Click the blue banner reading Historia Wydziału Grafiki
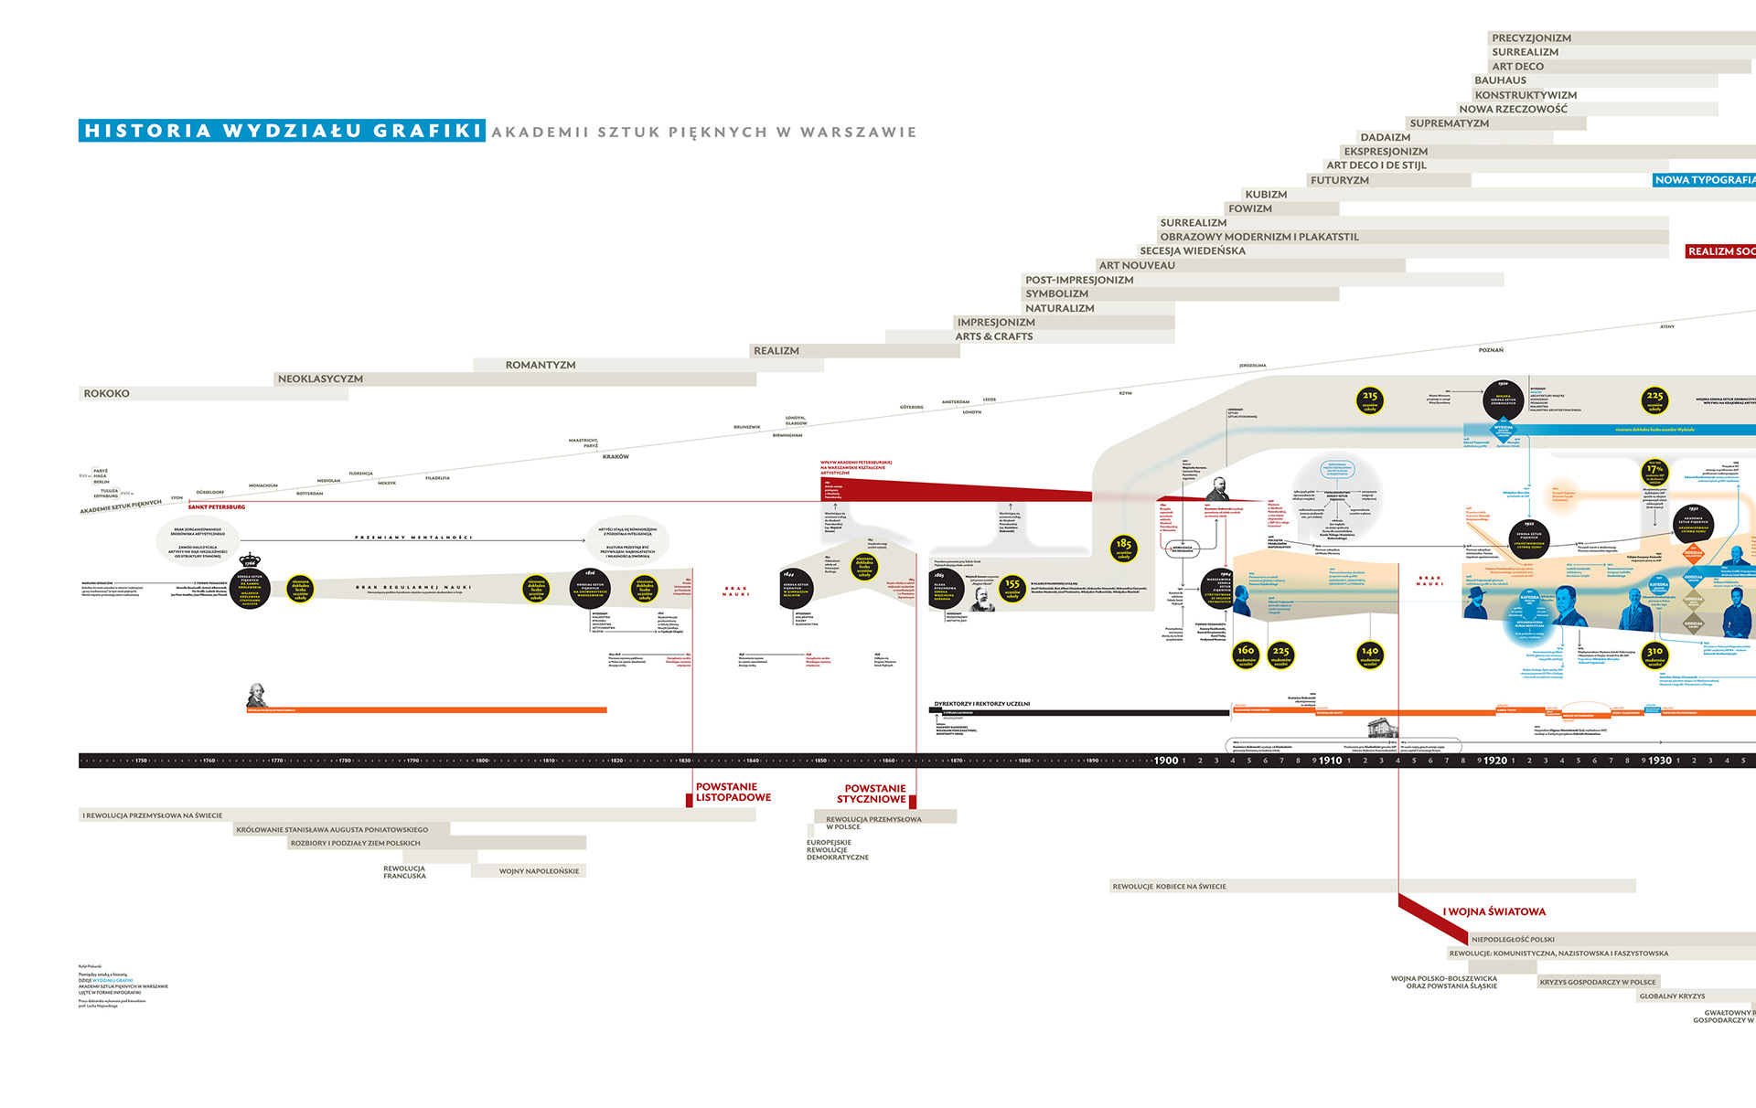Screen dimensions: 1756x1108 (282, 131)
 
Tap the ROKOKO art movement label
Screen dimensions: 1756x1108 (107, 394)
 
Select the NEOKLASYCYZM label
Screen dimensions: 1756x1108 (320, 379)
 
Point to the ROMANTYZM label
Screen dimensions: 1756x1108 (541, 366)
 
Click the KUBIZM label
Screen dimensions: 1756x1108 (1266, 195)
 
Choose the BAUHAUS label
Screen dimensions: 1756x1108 (1500, 80)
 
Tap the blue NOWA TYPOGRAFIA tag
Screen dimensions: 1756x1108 (1704, 180)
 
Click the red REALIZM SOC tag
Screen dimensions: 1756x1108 (1720, 251)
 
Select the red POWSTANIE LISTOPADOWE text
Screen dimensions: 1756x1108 (733, 793)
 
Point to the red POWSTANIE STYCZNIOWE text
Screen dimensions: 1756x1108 (873, 794)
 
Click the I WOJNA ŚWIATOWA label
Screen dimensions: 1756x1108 (1494, 911)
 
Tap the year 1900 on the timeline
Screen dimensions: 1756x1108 (1166, 761)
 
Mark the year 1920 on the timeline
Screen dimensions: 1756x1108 (1495, 761)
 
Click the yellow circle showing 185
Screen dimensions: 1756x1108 (1124, 548)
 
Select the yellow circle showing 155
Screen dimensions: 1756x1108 (1012, 587)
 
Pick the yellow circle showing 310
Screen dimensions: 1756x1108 (1654, 655)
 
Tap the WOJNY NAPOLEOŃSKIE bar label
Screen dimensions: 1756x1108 (539, 871)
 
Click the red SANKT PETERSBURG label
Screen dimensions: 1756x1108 (217, 506)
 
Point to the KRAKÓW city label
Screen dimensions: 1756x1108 (616, 457)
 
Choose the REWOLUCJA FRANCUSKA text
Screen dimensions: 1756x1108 (404, 872)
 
